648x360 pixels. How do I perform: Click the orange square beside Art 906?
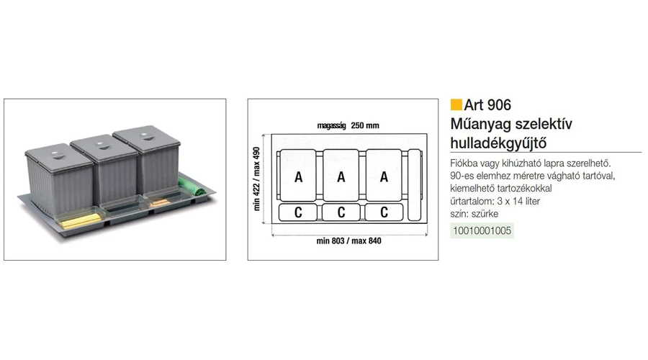[x=456, y=105]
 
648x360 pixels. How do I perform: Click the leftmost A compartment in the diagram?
[x=298, y=176]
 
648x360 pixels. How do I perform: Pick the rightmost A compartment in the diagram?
[x=384, y=176]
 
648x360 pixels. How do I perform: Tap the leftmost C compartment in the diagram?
[x=298, y=212]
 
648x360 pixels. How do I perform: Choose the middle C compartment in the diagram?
[x=342, y=212]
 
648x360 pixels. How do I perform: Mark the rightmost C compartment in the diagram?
[x=384, y=212]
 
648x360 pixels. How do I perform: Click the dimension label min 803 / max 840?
[x=348, y=241]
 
